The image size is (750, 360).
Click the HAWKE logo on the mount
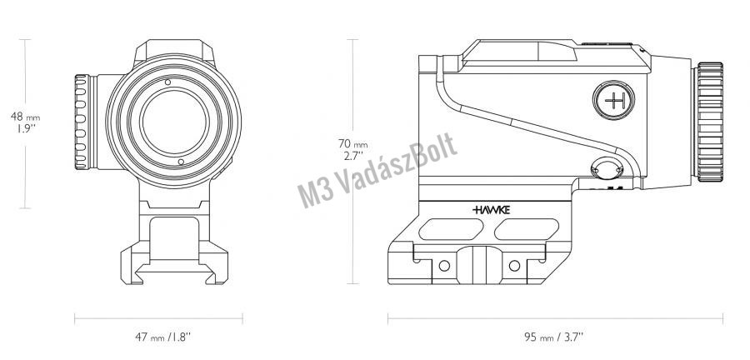point(491,209)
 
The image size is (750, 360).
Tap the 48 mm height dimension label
point(25,122)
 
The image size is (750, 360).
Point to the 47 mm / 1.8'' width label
point(162,337)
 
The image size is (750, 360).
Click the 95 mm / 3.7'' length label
point(554,337)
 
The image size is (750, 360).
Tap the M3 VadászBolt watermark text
point(377,170)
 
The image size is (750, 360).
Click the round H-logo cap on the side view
point(613,100)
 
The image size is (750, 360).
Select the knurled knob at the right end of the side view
point(710,122)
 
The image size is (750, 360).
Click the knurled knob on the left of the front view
point(82,122)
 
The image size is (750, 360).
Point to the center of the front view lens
point(175,121)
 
